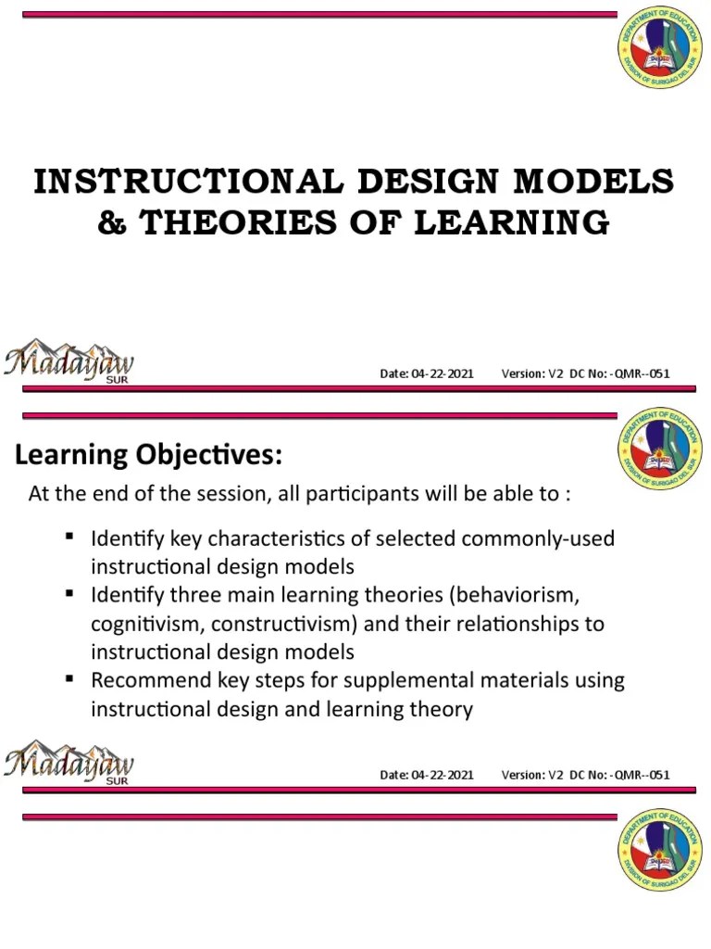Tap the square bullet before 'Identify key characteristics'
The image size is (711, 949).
point(70,537)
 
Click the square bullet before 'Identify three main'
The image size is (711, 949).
point(70,593)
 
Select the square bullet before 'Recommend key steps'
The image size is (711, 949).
point(70,679)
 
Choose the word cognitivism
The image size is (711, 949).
point(151,624)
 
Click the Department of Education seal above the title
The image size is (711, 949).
point(659,52)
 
